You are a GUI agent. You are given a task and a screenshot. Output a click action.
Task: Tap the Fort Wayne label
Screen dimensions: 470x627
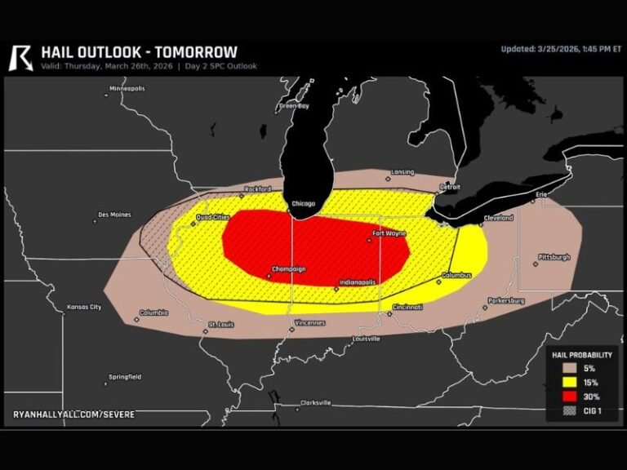tap(389, 233)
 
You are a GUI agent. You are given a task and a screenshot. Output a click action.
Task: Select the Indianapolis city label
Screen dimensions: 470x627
tap(357, 282)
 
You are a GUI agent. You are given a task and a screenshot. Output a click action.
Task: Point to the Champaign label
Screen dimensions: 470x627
tap(288, 268)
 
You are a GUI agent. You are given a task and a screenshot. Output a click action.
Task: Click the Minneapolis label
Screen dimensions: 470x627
tap(127, 88)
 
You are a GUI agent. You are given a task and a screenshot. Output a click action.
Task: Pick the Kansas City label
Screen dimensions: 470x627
tap(85, 308)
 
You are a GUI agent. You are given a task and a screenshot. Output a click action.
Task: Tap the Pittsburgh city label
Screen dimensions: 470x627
tap(554, 257)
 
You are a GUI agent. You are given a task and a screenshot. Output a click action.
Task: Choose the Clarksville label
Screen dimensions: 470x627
tap(315, 402)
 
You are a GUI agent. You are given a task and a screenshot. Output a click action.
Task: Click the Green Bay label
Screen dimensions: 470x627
tap(294, 106)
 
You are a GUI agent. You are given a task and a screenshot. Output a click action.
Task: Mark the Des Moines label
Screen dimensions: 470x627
tap(114, 215)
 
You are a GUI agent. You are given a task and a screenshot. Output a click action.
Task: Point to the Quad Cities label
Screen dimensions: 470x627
tap(213, 217)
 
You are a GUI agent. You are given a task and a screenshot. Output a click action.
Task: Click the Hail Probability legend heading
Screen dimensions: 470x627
tap(581, 355)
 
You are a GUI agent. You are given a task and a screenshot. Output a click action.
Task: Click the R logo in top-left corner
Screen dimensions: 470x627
tap(21, 57)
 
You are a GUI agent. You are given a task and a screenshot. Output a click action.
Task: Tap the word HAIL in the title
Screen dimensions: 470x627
tap(60, 52)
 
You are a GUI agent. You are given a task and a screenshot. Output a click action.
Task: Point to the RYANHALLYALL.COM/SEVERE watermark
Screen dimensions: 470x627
tap(73, 415)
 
